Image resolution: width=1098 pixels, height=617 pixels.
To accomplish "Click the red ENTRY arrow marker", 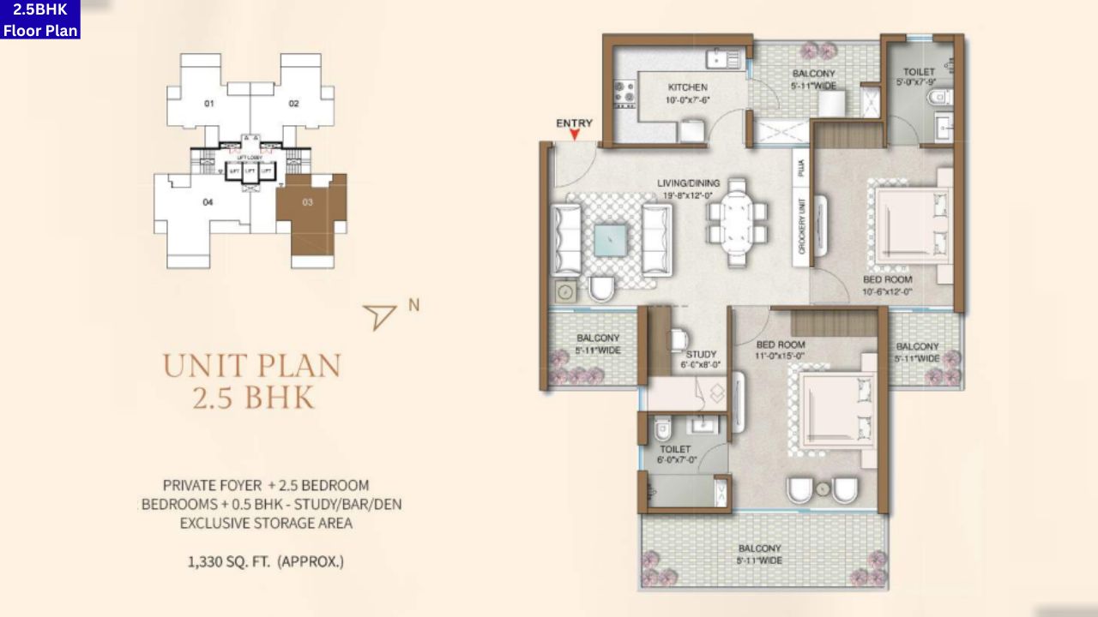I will (x=575, y=135).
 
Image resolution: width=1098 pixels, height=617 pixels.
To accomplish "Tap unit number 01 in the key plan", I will (x=208, y=104).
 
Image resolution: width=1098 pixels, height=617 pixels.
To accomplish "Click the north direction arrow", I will (x=379, y=316).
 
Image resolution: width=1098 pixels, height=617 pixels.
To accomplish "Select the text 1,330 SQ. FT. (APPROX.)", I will (x=266, y=562).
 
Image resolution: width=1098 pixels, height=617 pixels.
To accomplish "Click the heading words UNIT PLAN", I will (x=251, y=366).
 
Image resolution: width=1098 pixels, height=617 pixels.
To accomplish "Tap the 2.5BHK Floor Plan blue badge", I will (x=40, y=20).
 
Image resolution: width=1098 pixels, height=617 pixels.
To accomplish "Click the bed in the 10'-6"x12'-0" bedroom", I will (x=912, y=223).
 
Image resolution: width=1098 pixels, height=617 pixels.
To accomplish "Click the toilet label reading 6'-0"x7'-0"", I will (x=675, y=454).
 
